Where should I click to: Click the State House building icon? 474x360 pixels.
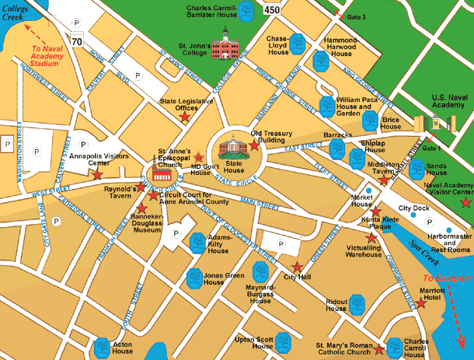pos(234,146)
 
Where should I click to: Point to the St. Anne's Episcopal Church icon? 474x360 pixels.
pos(163,173)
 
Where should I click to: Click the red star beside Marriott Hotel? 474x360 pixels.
pos(421,304)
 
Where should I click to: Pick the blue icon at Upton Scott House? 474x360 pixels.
pos(284,340)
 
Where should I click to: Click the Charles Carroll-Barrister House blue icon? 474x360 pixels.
pos(246,11)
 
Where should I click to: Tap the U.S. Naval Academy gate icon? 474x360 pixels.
pos(435,123)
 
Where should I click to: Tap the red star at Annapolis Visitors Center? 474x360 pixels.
pos(97,175)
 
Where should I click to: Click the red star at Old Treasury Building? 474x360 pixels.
pos(254,145)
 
